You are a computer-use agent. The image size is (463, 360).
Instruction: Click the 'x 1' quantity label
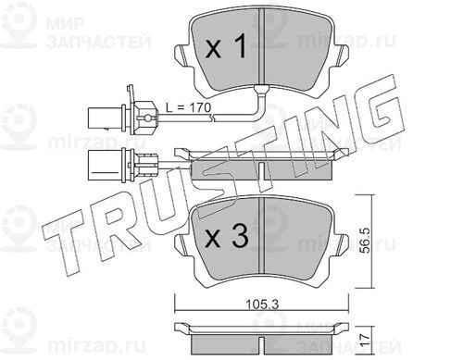coord(226,47)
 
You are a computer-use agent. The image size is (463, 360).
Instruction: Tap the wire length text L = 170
coord(188,107)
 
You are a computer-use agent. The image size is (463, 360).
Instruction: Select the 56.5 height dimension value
coord(366,241)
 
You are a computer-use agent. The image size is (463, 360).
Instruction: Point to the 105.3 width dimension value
coord(262,304)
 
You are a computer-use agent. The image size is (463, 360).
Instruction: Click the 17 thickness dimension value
coord(365,340)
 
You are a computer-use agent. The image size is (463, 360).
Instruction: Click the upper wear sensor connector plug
coord(122,118)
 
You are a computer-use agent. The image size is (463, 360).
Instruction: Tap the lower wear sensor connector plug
coord(122,164)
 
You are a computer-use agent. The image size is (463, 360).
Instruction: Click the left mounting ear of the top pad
coord(182,56)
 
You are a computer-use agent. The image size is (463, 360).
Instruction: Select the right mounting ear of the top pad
coord(341,56)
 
